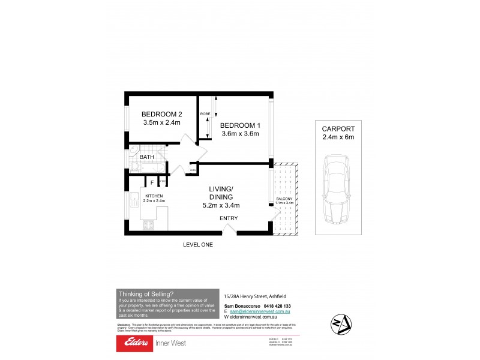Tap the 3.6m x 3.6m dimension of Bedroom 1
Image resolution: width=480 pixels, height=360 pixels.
[x=239, y=134]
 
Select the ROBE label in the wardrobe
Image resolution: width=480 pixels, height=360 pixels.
[x=205, y=113]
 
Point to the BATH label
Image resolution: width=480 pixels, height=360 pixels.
[x=147, y=157]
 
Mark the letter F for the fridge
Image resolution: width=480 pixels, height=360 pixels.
[x=152, y=182]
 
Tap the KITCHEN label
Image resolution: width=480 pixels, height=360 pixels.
[x=154, y=196]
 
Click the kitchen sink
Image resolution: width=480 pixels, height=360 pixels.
[x=130, y=204]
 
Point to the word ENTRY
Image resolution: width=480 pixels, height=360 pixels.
[x=229, y=218]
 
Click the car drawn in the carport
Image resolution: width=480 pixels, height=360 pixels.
[x=338, y=190]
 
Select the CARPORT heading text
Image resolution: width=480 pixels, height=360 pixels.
[x=338, y=128]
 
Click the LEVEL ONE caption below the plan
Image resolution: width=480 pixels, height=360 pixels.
[x=198, y=245]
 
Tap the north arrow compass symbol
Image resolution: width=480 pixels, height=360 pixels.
[x=340, y=324]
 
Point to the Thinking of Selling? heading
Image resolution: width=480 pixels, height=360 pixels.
[x=146, y=293]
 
